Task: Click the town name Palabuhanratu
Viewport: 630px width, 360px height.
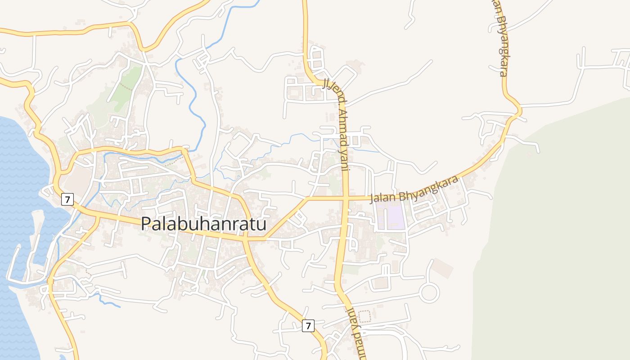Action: coord(204,224)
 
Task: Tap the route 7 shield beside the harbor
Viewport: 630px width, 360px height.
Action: coord(67,199)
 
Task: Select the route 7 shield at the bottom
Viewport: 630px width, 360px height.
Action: coord(307,325)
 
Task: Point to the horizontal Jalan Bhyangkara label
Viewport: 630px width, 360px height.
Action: coord(414,189)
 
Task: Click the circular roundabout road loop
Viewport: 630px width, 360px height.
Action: coord(429,293)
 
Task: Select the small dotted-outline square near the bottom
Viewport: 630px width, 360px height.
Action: coord(364,316)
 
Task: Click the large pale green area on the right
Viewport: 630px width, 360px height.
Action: coord(562,225)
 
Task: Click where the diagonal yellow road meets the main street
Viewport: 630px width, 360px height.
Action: coord(265,238)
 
